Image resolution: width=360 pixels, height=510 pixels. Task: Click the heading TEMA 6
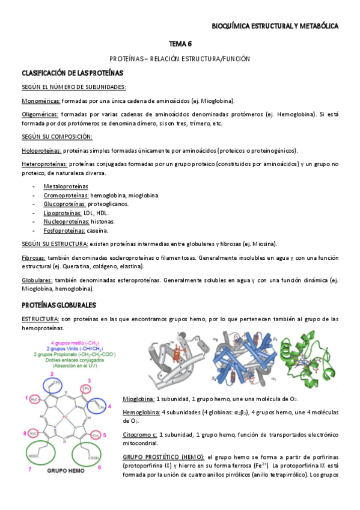pyautogui.click(x=180, y=44)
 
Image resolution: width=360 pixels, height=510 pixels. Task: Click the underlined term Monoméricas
pyautogui.click(x=40, y=100)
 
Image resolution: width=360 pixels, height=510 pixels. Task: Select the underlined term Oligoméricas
pyautogui.click(x=40, y=114)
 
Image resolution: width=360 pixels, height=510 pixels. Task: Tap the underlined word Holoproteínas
pyautogui.click(x=41, y=150)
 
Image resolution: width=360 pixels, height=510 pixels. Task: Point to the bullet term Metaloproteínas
pyautogui.click(x=66, y=186)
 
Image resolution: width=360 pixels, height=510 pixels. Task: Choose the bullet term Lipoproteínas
pyautogui.click(x=63, y=213)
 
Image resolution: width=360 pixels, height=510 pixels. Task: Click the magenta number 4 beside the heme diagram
pyautogui.click(x=109, y=407)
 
